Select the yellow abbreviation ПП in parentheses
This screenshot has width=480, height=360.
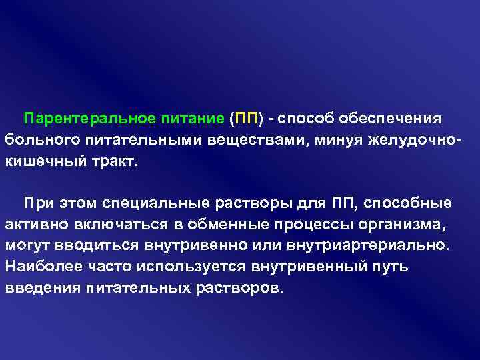[245, 119]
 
